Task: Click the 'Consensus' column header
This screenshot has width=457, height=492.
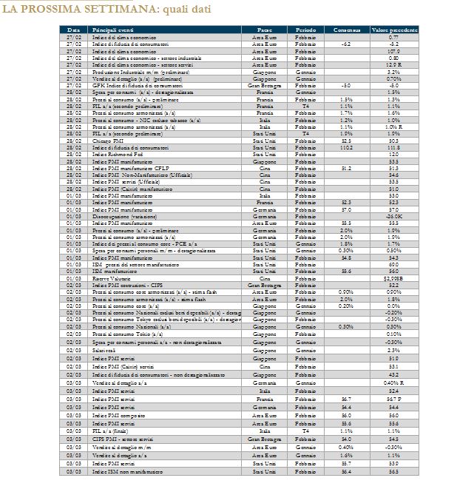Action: (346, 29)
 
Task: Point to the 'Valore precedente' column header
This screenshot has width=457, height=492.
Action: (393, 29)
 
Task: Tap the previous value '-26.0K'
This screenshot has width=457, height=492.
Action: (393, 216)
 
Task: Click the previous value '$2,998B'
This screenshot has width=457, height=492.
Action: (393, 277)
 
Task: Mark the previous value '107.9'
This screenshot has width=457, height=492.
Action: (393, 52)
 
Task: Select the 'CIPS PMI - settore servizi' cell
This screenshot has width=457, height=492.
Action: (122, 439)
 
